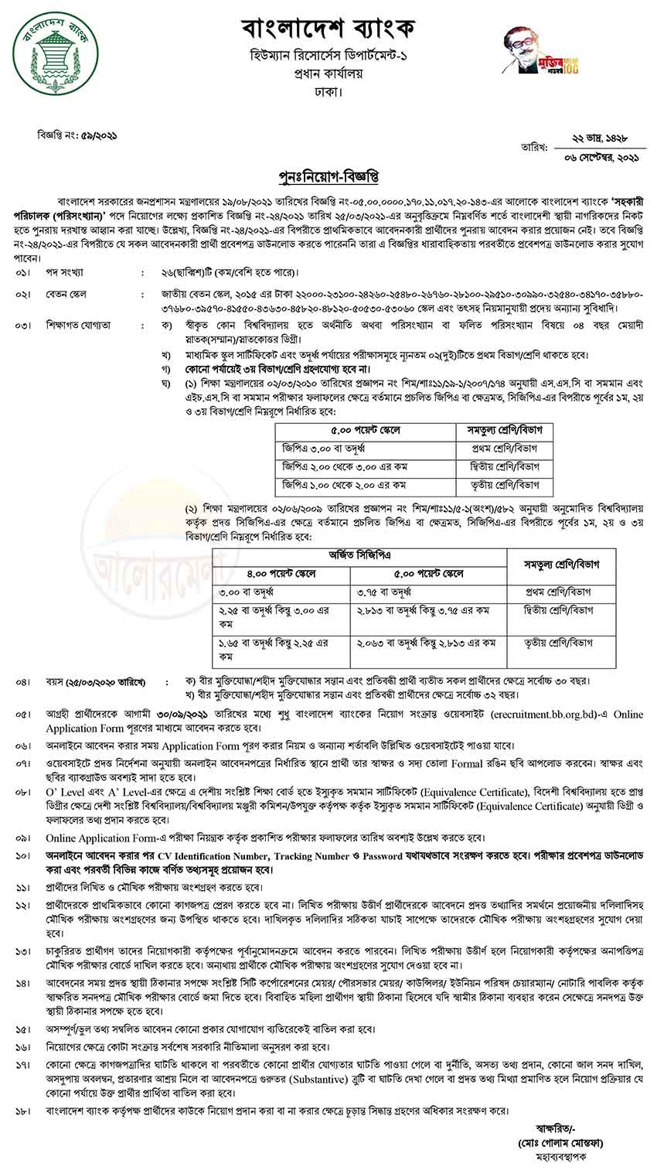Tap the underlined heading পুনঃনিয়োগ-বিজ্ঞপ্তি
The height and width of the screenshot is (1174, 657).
(328, 172)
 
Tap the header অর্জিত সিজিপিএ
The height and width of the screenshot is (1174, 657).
(359, 555)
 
